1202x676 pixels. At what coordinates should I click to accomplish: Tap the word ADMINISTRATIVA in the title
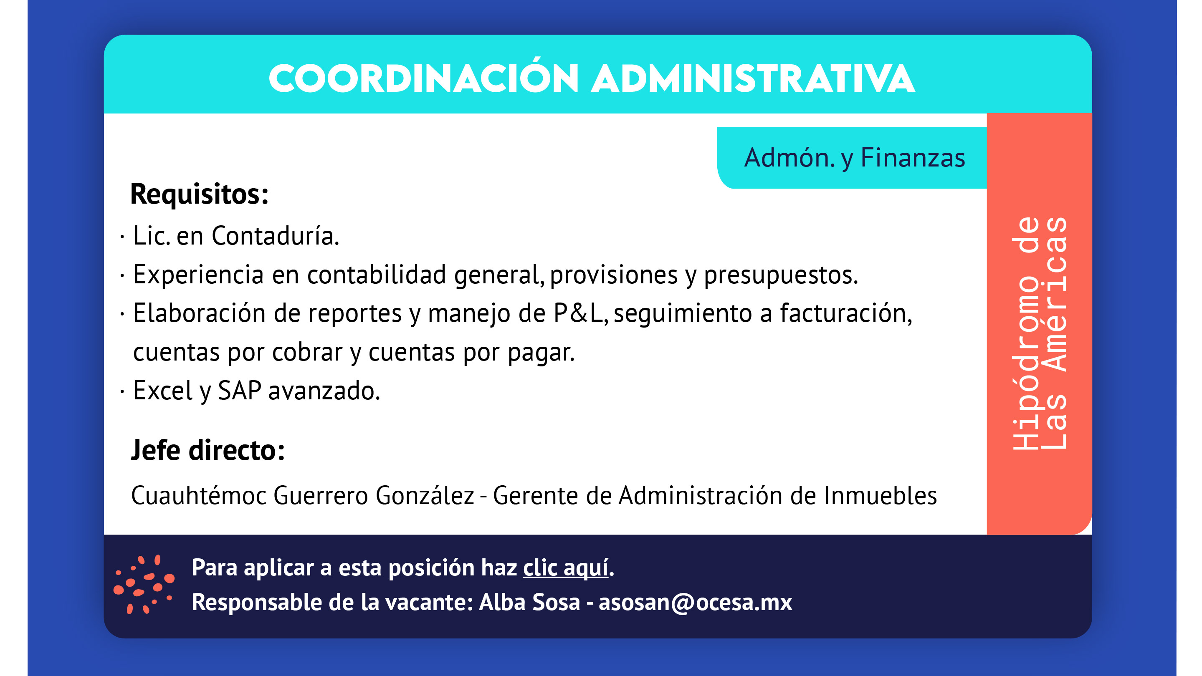pyautogui.click(x=753, y=78)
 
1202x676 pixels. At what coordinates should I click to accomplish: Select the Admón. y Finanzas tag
pyautogui.click(x=854, y=158)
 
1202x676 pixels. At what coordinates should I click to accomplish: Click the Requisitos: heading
pyautogui.click(x=199, y=194)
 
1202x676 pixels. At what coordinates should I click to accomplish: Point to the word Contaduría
pyautogui.click(x=275, y=235)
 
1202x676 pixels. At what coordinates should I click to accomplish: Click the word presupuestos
pyautogui.click(x=781, y=275)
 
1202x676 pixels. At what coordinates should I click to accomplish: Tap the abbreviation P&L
pyautogui.click(x=580, y=313)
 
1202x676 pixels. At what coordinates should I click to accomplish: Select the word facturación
pyautogui.click(x=846, y=313)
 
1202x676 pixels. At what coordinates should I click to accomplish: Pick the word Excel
pyautogui.click(x=162, y=390)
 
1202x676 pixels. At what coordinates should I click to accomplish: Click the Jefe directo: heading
pyautogui.click(x=208, y=450)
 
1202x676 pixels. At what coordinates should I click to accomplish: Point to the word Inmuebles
pyautogui.click(x=881, y=495)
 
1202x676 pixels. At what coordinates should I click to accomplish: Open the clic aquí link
pyautogui.click(x=566, y=568)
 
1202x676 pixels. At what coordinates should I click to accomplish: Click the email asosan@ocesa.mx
pyautogui.click(x=695, y=602)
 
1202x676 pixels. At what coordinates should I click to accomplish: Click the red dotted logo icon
pyautogui.click(x=144, y=584)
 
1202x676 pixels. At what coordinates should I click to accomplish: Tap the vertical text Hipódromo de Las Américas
pyautogui.click(x=1039, y=333)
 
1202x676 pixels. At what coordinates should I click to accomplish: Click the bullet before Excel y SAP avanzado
pyautogui.click(x=122, y=391)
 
